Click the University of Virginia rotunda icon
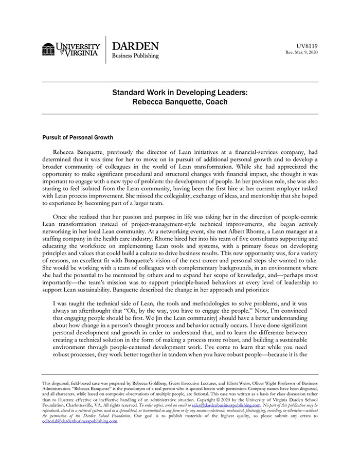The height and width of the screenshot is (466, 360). [48, 49]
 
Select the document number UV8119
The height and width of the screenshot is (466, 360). [308, 46]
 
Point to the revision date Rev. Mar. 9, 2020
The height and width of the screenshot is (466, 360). [302, 52]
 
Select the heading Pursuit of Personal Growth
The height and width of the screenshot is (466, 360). [78, 138]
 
